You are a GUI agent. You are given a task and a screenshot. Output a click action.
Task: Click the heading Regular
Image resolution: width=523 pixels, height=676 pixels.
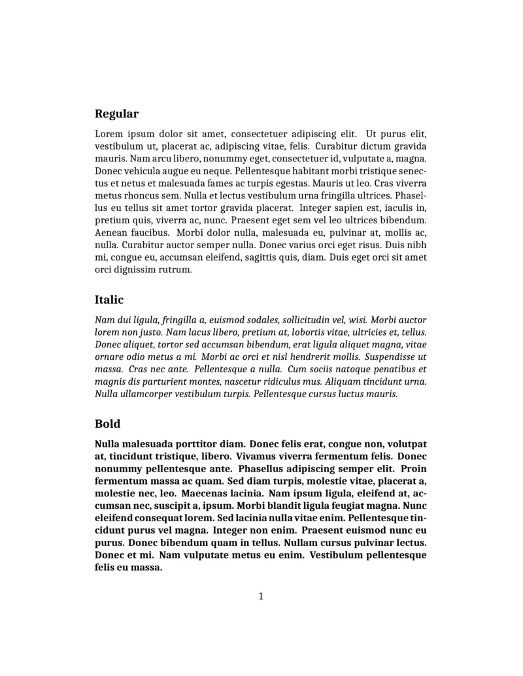coord(116,114)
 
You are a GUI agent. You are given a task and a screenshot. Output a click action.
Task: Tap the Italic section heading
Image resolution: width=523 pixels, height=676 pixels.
coord(109,300)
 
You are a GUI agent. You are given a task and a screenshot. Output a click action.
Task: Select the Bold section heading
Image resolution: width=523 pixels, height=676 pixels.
coord(107,424)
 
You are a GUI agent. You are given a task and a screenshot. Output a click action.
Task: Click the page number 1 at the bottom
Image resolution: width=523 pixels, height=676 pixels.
coord(261,596)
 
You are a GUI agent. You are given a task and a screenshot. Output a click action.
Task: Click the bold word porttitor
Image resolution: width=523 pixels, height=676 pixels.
coord(195,444)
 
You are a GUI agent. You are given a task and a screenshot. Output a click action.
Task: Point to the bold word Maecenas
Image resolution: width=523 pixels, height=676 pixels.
coord(209,494)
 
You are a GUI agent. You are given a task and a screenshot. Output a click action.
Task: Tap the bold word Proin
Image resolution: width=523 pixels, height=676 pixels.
coord(414,469)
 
